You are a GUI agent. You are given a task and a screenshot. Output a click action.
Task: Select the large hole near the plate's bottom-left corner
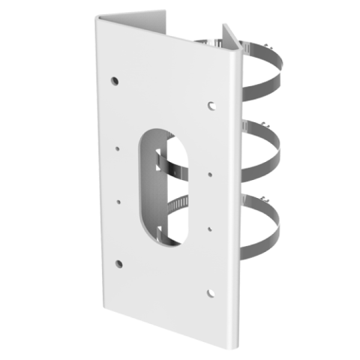click(x=118, y=262)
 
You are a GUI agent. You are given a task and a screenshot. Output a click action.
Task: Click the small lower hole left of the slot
click(x=118, y=201)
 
